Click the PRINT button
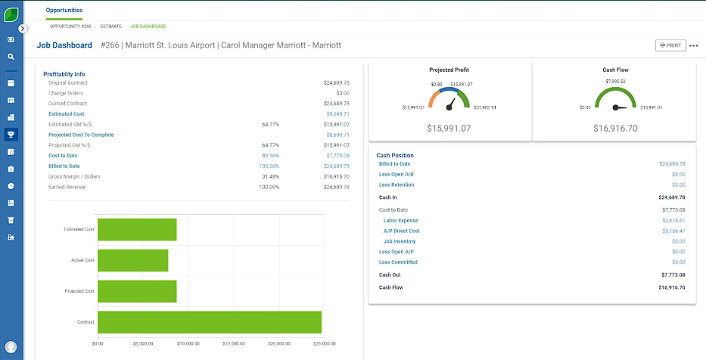pyautogui.click(x=670, y=45)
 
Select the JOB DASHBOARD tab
pyautogui.click(x=148, y=26)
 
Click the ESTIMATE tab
pyautogui.click(x=110, y=26)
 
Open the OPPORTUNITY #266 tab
pyautogui.click(x=70, y=26)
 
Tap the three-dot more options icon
pyautogui.click(x=693, y=45)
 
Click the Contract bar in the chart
pyautogui.click(x=210, y=321)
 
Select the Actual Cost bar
pyautogui.click(x=133, y=260)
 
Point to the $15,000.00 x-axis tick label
pyautogui.click(x=233, y=343)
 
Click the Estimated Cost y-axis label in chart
pyautogui.click(x=79, y=229)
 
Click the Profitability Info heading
pyautogui.click(x=64, y=74)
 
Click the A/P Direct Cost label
pyautogui.click(x=401, y=231)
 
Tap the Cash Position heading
pyautogui.click(x=395, y=155)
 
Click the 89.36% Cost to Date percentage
pyautogui.click(x=269, y=155)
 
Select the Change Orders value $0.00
pyautogui.click(x=337, y=92)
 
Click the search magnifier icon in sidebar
pyautogui.click(x=11, y=56)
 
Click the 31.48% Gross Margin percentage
pyautogui.click(x=269, y=176)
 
